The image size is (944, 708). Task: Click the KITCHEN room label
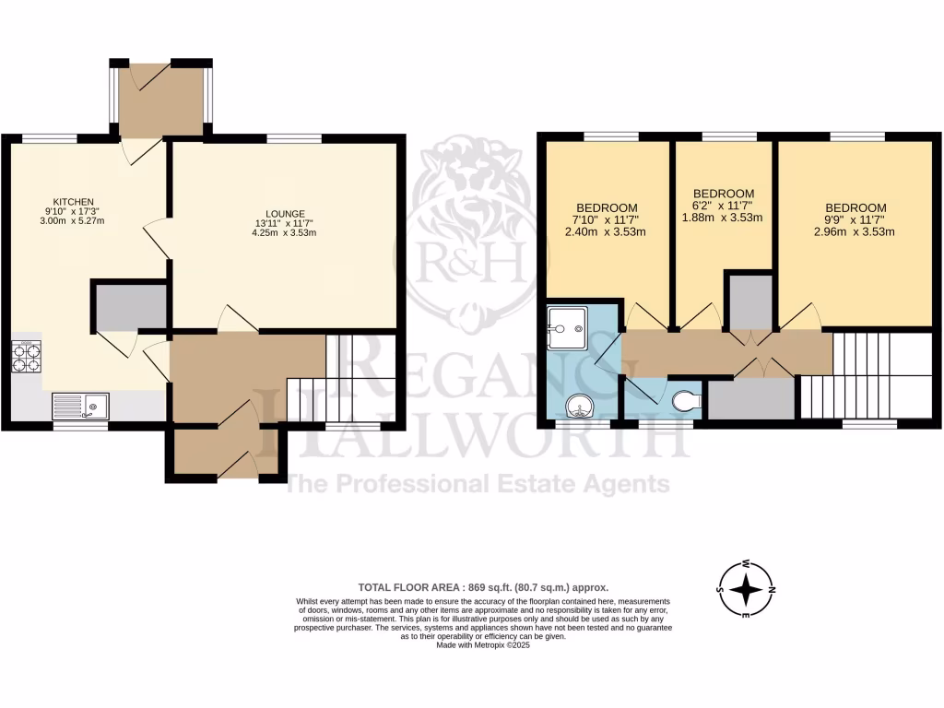[73, 201]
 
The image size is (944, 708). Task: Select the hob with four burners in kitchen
[27, 357]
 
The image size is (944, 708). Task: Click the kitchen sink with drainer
[80, 405]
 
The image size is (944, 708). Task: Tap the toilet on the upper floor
[687, 401]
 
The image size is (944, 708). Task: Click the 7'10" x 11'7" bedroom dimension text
[607, 219]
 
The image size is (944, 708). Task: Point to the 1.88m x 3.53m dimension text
[723, 218]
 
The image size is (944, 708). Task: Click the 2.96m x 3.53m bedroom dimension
[855, 232]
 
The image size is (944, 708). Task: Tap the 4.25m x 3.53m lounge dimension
[284, 232]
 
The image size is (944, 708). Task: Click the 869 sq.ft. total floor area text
[483, 587]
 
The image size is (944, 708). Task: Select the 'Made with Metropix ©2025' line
[483, 645]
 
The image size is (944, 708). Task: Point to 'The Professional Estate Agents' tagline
[478, 484]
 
